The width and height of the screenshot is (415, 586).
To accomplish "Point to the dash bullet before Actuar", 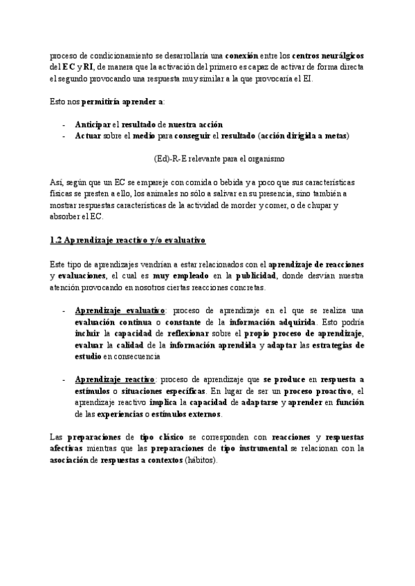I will pyautogui.click(x=64, y=135).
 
